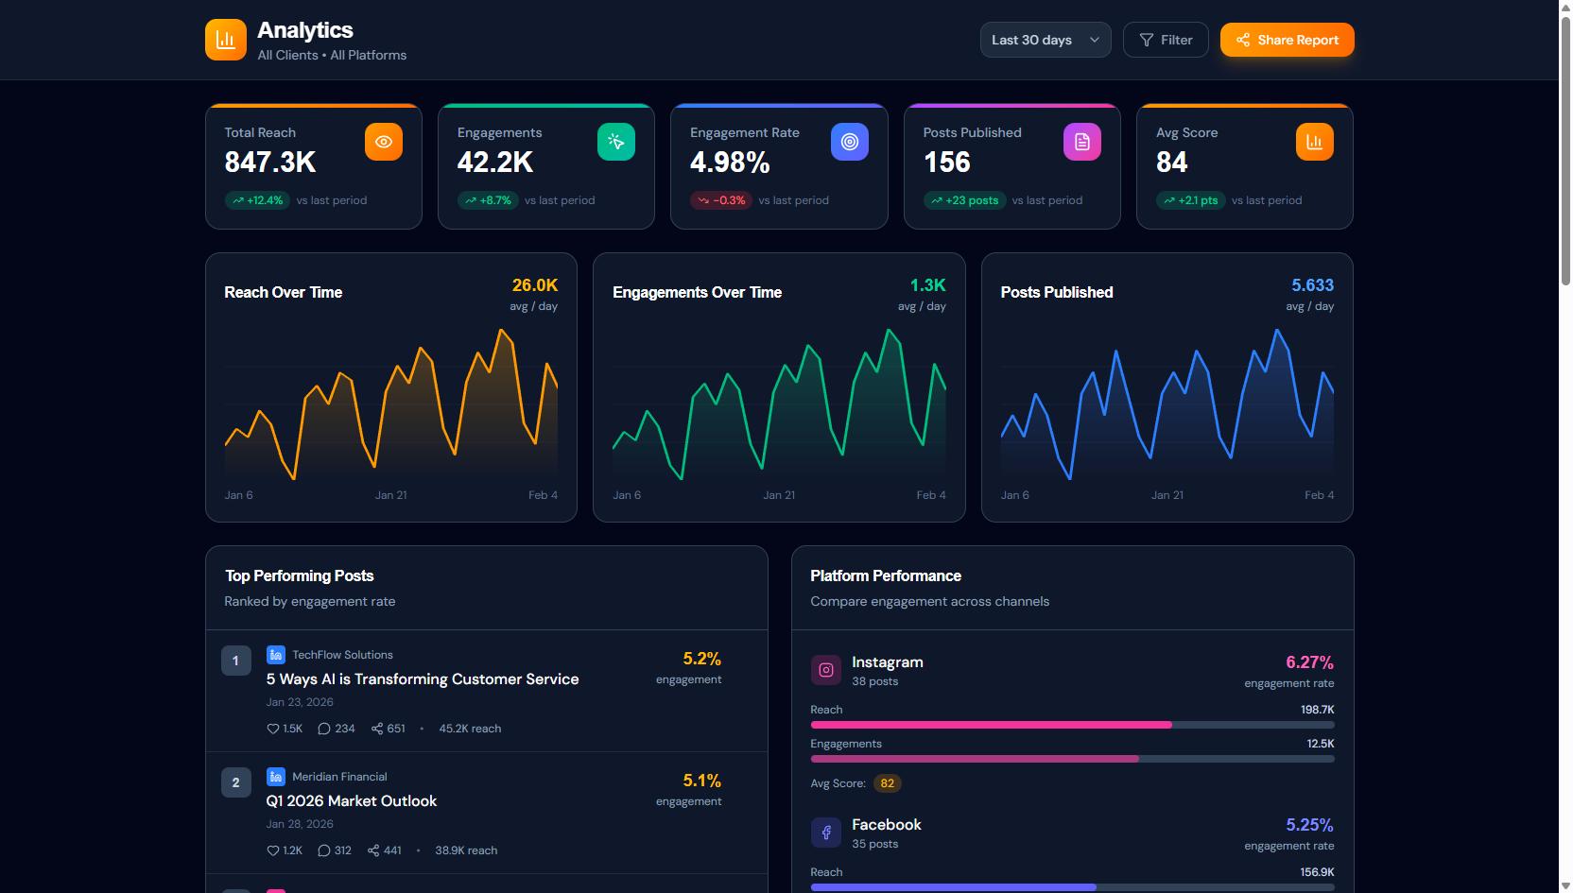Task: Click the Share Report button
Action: [x=1287, y=40]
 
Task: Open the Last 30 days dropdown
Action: [x=1045, y=40]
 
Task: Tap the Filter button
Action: [x=1166, y=40]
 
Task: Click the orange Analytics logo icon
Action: [x=225, y=40]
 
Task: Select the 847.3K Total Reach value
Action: [x=270, y=163]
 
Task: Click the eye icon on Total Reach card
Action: [x=384, y=142]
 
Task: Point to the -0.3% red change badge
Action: [x=721, y=200]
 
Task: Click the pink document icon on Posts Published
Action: [x=1082, y=142]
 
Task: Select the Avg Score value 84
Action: [x=1171, y=163]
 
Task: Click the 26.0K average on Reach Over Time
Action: [x=534, y=285]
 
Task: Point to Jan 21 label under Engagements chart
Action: [x=779, y=495]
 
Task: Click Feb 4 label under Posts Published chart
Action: [x=1319, y=495]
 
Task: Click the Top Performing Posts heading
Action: [x=300, y=575]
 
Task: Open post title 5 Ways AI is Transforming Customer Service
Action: [x=423, y=678]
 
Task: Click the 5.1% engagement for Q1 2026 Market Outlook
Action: [x=701, y=781]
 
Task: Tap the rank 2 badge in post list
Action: [x=235, y=782]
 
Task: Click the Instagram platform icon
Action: [x=825, y=670]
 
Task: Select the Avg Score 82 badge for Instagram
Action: [x=887, y=783]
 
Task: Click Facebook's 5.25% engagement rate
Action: [x=1309, y=825]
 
